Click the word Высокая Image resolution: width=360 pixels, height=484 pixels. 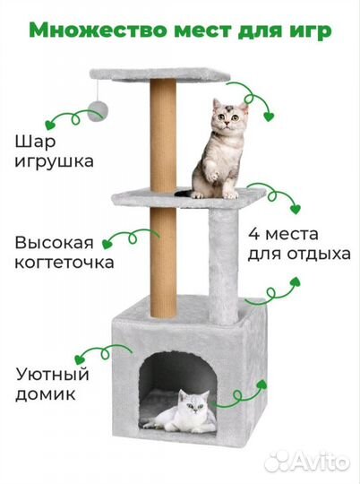(x=55, y=242)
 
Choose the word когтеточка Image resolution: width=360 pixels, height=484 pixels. (x=64, y=264)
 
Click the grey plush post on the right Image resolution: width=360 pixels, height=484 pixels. (x=223, y=260)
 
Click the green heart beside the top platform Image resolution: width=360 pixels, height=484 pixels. (x=266, y=115)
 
